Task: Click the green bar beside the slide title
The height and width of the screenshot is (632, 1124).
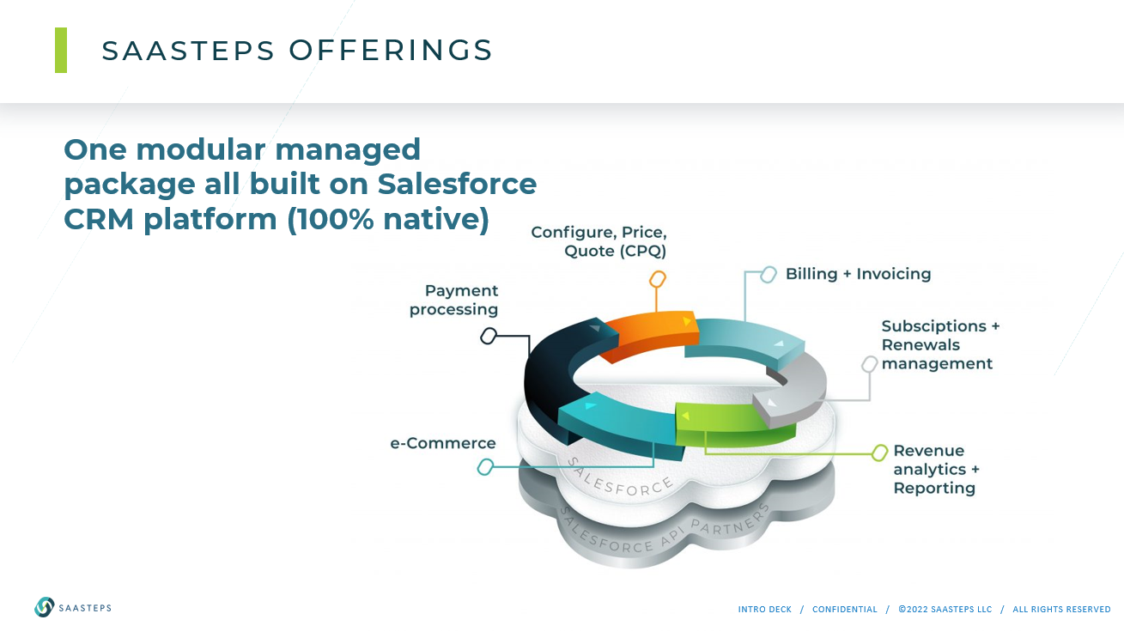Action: click(x=61, y=50)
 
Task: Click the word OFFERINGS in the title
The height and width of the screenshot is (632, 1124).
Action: click(x=391, y=50)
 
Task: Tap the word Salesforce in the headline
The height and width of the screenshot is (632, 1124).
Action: click(x=457, y=184)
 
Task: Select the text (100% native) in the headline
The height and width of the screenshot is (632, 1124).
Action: click(x=388, y=219)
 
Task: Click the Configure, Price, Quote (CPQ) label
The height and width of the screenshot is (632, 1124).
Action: click(x=598, y=241)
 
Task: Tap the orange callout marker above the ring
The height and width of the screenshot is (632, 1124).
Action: click(x=658, y=279)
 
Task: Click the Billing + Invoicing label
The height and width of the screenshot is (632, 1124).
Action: click(x=858, y=274)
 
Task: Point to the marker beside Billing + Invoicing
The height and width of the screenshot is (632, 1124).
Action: click(x=769, y=275)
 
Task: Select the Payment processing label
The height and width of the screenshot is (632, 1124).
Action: click(x=453, y=300)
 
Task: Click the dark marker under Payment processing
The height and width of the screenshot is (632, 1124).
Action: click(x=489, y=336)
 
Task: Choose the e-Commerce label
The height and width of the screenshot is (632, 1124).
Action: click(x=442, y=443)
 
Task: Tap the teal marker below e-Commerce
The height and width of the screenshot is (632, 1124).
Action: click(x=485, y=467)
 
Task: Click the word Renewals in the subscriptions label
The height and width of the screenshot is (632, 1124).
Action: click(x=920, y=345)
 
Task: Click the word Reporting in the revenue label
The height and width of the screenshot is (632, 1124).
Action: click(x=934, y=488)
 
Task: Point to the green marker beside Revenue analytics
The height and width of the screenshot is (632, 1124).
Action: click(x=879, y=453)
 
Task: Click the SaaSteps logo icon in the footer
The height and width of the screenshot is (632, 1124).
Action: click(x=44, y=607)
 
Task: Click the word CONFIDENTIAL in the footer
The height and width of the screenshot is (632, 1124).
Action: click(x=845, y=610)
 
